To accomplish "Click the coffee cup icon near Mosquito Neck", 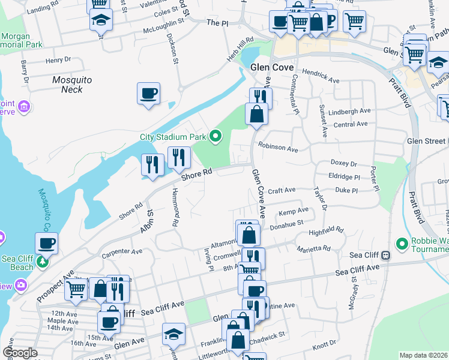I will (x=148, y=94).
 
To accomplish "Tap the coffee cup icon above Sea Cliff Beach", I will (x=46, y=244).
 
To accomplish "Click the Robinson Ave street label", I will (x=278, y=148).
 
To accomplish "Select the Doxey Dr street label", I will (x=343, y=163).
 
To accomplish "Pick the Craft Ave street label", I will (x=282, y=190).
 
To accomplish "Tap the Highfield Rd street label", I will (x=325, y=230).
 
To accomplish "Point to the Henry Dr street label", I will (x=58, y=60).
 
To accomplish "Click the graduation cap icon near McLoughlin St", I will (x=101, y=19).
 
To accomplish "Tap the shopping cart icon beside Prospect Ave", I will (x=76, y=289).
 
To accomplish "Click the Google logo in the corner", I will (x=20, y=353).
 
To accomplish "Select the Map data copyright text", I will (x=423, y=355).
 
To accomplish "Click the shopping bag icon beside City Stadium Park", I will (x=256, y=114).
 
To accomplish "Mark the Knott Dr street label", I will (x=324, y=345).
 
